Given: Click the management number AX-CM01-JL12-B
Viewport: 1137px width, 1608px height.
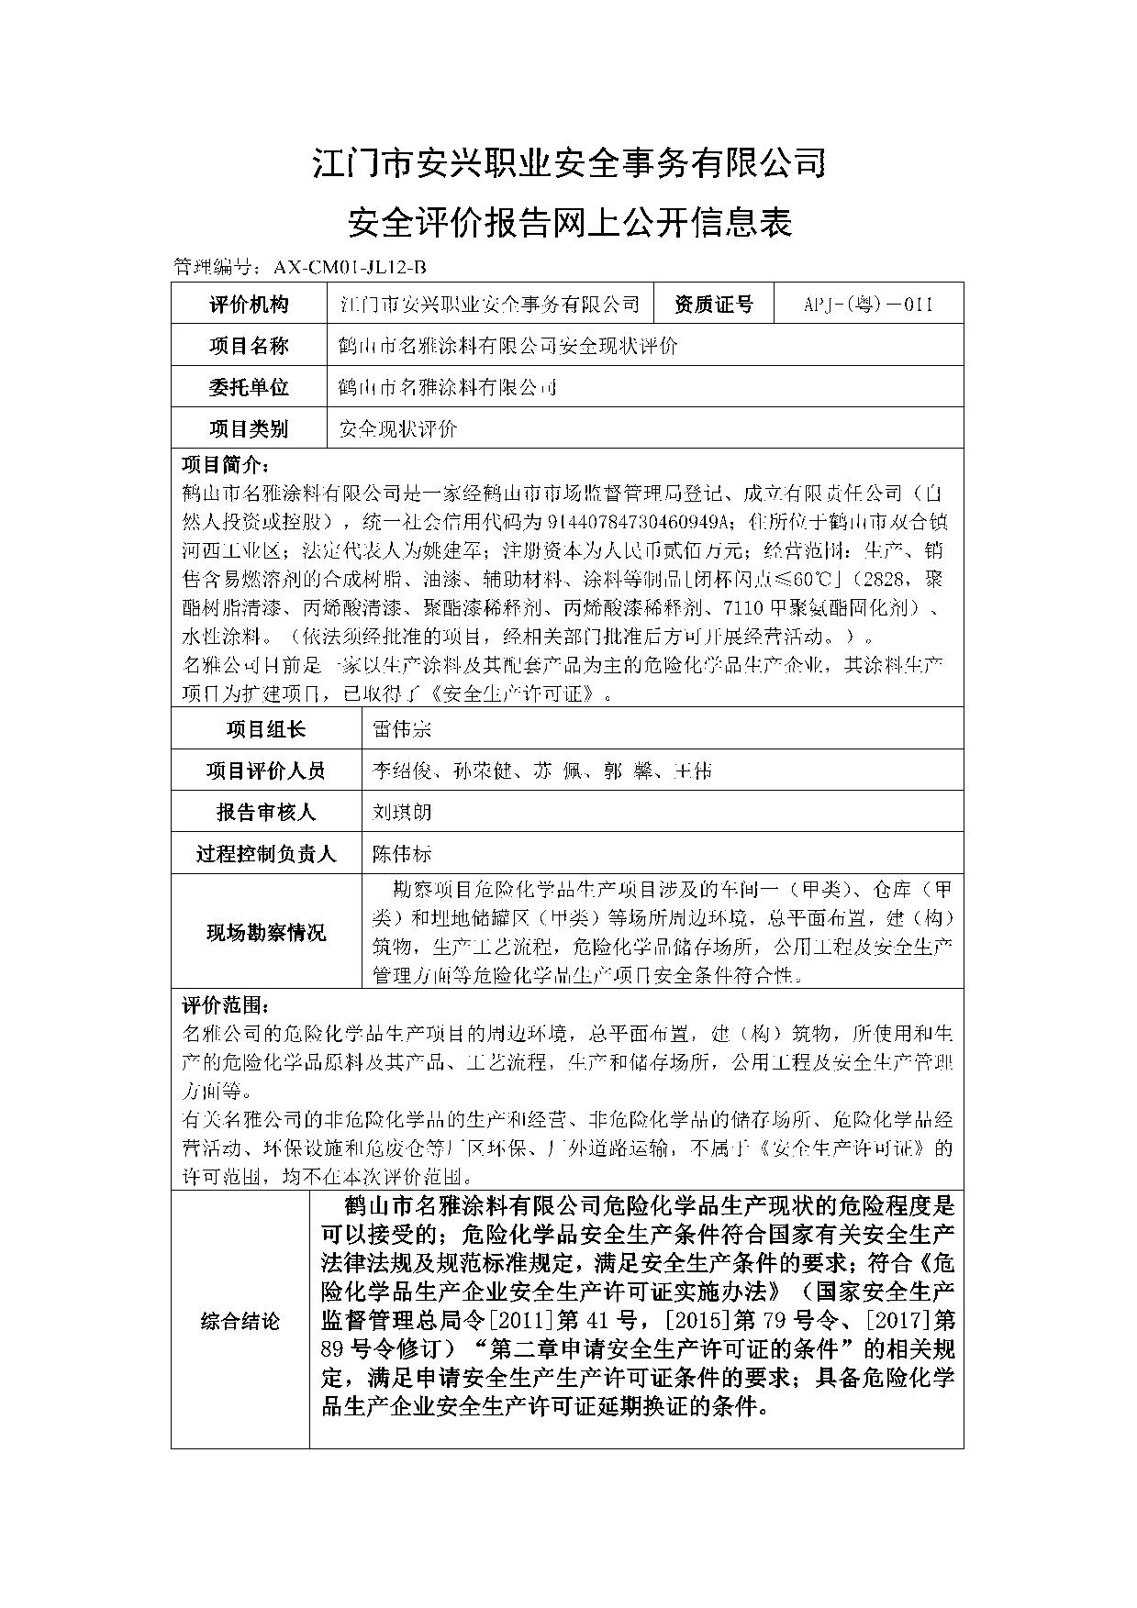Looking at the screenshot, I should [x=351, y=267].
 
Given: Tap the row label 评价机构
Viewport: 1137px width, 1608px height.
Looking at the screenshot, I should [x=249, y=305].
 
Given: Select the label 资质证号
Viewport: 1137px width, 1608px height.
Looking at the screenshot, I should [x=713, y=305].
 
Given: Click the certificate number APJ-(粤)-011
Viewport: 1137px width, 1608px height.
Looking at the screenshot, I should [x=867, y=305].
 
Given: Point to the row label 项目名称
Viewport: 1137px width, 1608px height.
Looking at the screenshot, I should [x=249, y=346].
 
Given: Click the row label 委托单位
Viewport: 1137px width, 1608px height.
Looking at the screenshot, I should [x=249, y=387].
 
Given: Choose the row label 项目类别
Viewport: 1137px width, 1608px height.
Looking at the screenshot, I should [x=249, y=428].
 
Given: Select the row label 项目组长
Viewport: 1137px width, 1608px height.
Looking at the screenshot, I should [x=266, y=729].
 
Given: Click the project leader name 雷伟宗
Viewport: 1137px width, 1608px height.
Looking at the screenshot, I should [x=402, y=729].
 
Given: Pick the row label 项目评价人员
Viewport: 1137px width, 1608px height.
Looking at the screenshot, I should [x=266, y=771].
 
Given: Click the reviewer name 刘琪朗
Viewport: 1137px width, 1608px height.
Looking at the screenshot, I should [x=402, y=812].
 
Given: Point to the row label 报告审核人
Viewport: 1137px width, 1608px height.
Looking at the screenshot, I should [x=266, y=812].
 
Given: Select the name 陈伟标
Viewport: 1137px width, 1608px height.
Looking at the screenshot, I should [x=402, y=854].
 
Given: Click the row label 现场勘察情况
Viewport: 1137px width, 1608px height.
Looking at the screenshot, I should [x=266, y=933].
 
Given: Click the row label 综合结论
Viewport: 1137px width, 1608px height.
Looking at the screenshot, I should [x=240, y=1322].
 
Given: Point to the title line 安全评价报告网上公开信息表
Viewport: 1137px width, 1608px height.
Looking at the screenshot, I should [x=569, y=223].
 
